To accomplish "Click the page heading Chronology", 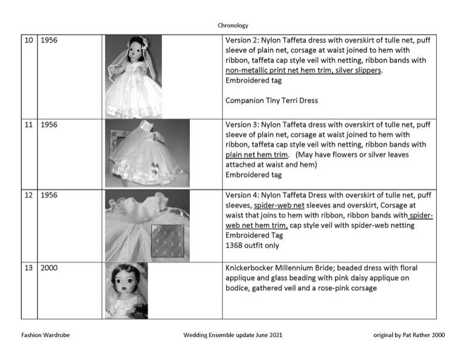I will point(233,25).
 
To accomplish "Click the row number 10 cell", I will point(29,41).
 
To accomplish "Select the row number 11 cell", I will point(29,124).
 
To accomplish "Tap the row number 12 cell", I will point(29,195).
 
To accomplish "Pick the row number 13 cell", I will point(29,268).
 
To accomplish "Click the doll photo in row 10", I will point(133,75).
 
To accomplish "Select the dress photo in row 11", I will point(147,153).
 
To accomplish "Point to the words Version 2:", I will point(242,41).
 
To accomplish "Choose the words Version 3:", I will point(242,124).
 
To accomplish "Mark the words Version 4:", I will point(242,195).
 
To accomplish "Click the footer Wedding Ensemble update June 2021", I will point(232,335).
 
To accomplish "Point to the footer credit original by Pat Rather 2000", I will point(410,335).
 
